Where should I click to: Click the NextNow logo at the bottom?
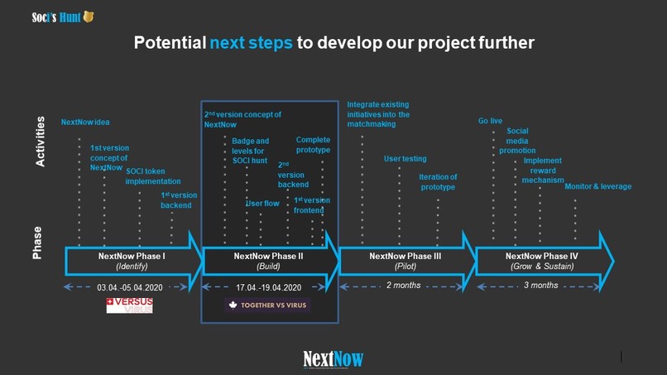tap(333, 358)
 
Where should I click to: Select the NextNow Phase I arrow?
tap(132, 262)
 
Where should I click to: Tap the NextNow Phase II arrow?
tap(269, 262)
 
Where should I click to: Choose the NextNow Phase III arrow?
tap(405, 262)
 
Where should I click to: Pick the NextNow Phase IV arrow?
tap(543, 262)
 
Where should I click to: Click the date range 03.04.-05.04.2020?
tap(130, 287)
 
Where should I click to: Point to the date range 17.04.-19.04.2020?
tap(268, 287)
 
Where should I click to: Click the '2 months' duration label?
tap(404, 286)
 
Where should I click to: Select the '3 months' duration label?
tap(541, 286)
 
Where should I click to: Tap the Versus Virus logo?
tap(129, 305)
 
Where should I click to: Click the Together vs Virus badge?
tap(267, 305)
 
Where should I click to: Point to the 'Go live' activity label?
tap(490, 122)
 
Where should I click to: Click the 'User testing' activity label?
tap(405, 158)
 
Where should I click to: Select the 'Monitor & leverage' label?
tap(597, 187)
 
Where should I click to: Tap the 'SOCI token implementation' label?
tap(153, 176)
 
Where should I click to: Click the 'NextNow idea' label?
tap(85, 123)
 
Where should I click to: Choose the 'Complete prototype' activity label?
tap(313, 145)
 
